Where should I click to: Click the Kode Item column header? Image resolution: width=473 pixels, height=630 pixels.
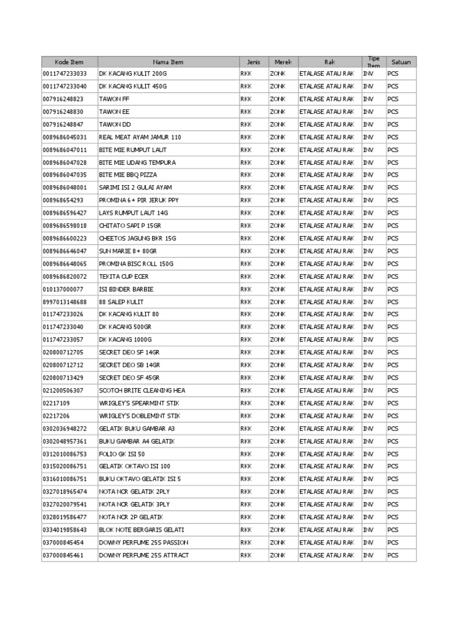click(69, 62)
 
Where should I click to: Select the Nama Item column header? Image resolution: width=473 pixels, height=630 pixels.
click(168, 62)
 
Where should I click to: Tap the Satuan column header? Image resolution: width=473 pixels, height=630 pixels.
click(401, 62)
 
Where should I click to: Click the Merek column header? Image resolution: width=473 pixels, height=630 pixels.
click(283, 62)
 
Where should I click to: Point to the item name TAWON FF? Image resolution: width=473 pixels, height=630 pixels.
click(115, 99)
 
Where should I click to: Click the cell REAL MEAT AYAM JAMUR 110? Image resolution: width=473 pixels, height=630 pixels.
click(140, 137)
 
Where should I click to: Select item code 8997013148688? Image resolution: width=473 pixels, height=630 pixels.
click(65, 302)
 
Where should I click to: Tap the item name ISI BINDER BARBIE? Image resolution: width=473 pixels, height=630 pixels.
click(126, 289)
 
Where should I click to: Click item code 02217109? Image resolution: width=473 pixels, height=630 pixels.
click(56, 403)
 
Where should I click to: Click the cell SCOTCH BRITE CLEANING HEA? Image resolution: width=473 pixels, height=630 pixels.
click(142, 391)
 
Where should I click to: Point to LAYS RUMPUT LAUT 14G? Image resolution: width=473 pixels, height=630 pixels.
click(134, 213)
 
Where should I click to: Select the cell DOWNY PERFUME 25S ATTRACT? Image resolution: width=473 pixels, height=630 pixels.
click(144, 556)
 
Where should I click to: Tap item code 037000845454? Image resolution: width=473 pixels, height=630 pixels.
click(63, 543)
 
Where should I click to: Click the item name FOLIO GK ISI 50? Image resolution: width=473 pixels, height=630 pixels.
click(122, 454)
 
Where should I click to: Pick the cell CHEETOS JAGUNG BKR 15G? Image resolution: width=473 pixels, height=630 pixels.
click(137, 238)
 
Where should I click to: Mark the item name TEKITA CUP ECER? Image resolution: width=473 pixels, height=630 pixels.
click(124, 277)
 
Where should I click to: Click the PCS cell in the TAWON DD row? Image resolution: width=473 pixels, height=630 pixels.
click(393, 124)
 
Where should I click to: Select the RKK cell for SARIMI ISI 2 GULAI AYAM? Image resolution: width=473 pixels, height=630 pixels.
click(246, 188)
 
